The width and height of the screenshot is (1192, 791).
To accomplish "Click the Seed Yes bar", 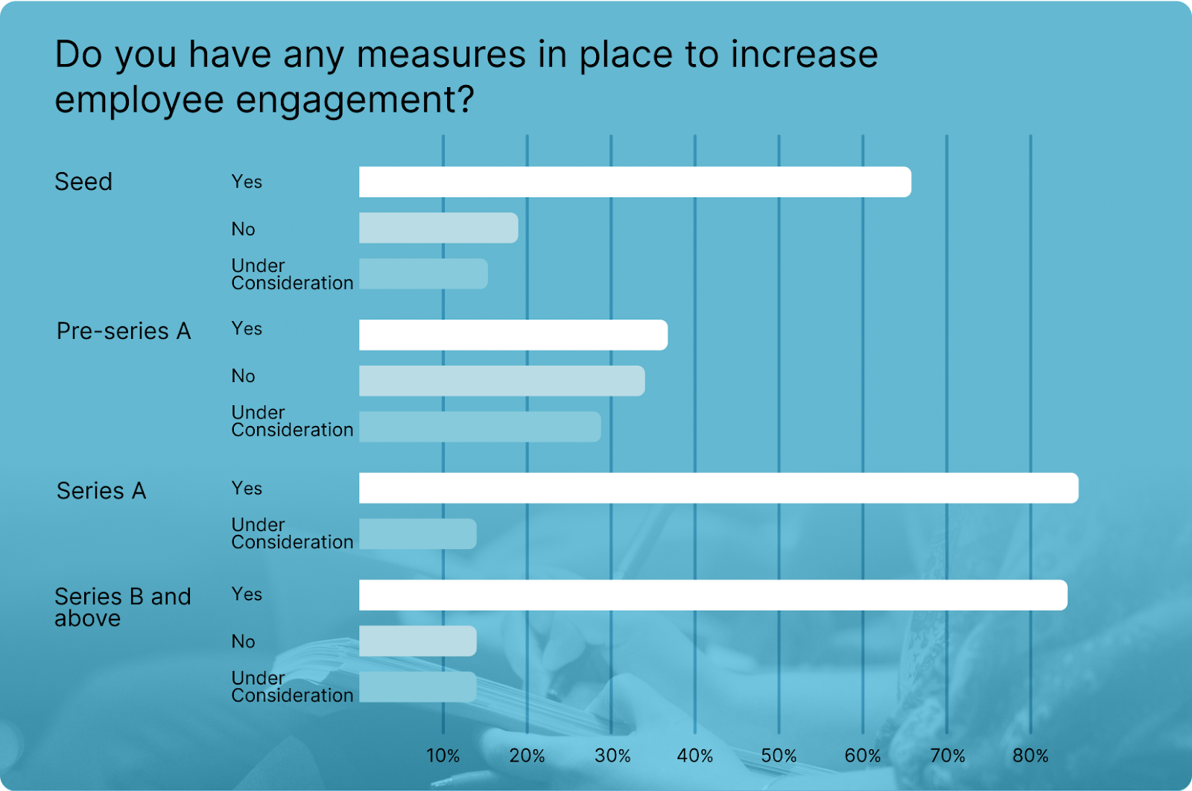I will tap(635, 182).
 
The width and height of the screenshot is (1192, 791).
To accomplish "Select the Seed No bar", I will tap(438, 228).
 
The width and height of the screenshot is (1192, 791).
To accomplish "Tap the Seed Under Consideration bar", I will tap(423, 274).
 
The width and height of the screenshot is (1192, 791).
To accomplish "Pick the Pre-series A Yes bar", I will tap(513, 335).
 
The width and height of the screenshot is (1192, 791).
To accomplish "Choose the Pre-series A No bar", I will tap(501, 381).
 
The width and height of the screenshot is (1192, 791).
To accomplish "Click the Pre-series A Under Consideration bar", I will tap(480, 427).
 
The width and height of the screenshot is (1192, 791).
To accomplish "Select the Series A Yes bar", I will tap(718, 488).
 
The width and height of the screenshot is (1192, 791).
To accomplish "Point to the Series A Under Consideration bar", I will tap(417, 534).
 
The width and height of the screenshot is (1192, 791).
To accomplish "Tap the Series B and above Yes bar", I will tap(713, 595).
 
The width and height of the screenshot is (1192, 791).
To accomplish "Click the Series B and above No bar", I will tap(417, 641).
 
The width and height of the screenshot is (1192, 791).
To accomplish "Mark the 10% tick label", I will tap(443, 756).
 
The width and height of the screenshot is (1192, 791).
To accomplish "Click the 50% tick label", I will tap(779, 756).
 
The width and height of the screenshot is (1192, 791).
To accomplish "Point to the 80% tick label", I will tap(1030, 756).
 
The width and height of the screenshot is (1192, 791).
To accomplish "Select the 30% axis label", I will tap(612, 756).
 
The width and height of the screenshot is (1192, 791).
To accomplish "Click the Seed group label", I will tap(83, 182).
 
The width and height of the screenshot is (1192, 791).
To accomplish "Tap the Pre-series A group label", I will tap(124, 331).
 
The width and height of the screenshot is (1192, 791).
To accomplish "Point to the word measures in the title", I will tap(441, 54).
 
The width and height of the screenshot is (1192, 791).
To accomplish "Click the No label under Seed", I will tap(243, 229).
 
